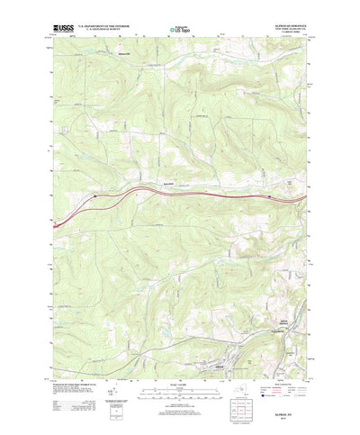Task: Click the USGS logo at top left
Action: pyautogui.click(x=65, y=31)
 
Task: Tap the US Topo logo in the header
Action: pyautogui.click(x=180, y=32)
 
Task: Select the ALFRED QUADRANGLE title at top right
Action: pyautogui.click(x=283, y=28)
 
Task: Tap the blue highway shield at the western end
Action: pyautogui.click(x=94, y=192)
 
